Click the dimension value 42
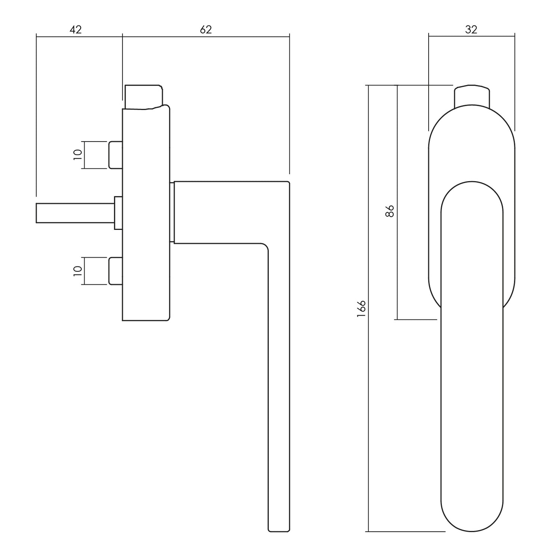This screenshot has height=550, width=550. (x=76, y=29)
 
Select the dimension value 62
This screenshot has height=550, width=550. (x=206, y=29)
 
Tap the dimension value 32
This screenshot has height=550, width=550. (x=471, y=29)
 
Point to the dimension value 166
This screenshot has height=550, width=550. (x=361, y=309)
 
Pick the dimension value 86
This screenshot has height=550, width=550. (x=390, y=211)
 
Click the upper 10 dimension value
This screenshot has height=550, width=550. (x=78, y=155)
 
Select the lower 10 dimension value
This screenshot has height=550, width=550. (x=78, y=271)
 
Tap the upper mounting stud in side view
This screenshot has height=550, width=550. (x=116, y=155)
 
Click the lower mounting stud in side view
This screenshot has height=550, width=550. (x=116, y=271)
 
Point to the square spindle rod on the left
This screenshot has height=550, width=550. (x=75, y=213)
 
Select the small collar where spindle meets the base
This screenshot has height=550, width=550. (x=118, y=213)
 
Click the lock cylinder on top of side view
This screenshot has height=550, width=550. (x=144, y=97)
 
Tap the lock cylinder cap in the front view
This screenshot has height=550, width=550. (x=472, y=96)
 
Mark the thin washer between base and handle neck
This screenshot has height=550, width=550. (x=172, y=212)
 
